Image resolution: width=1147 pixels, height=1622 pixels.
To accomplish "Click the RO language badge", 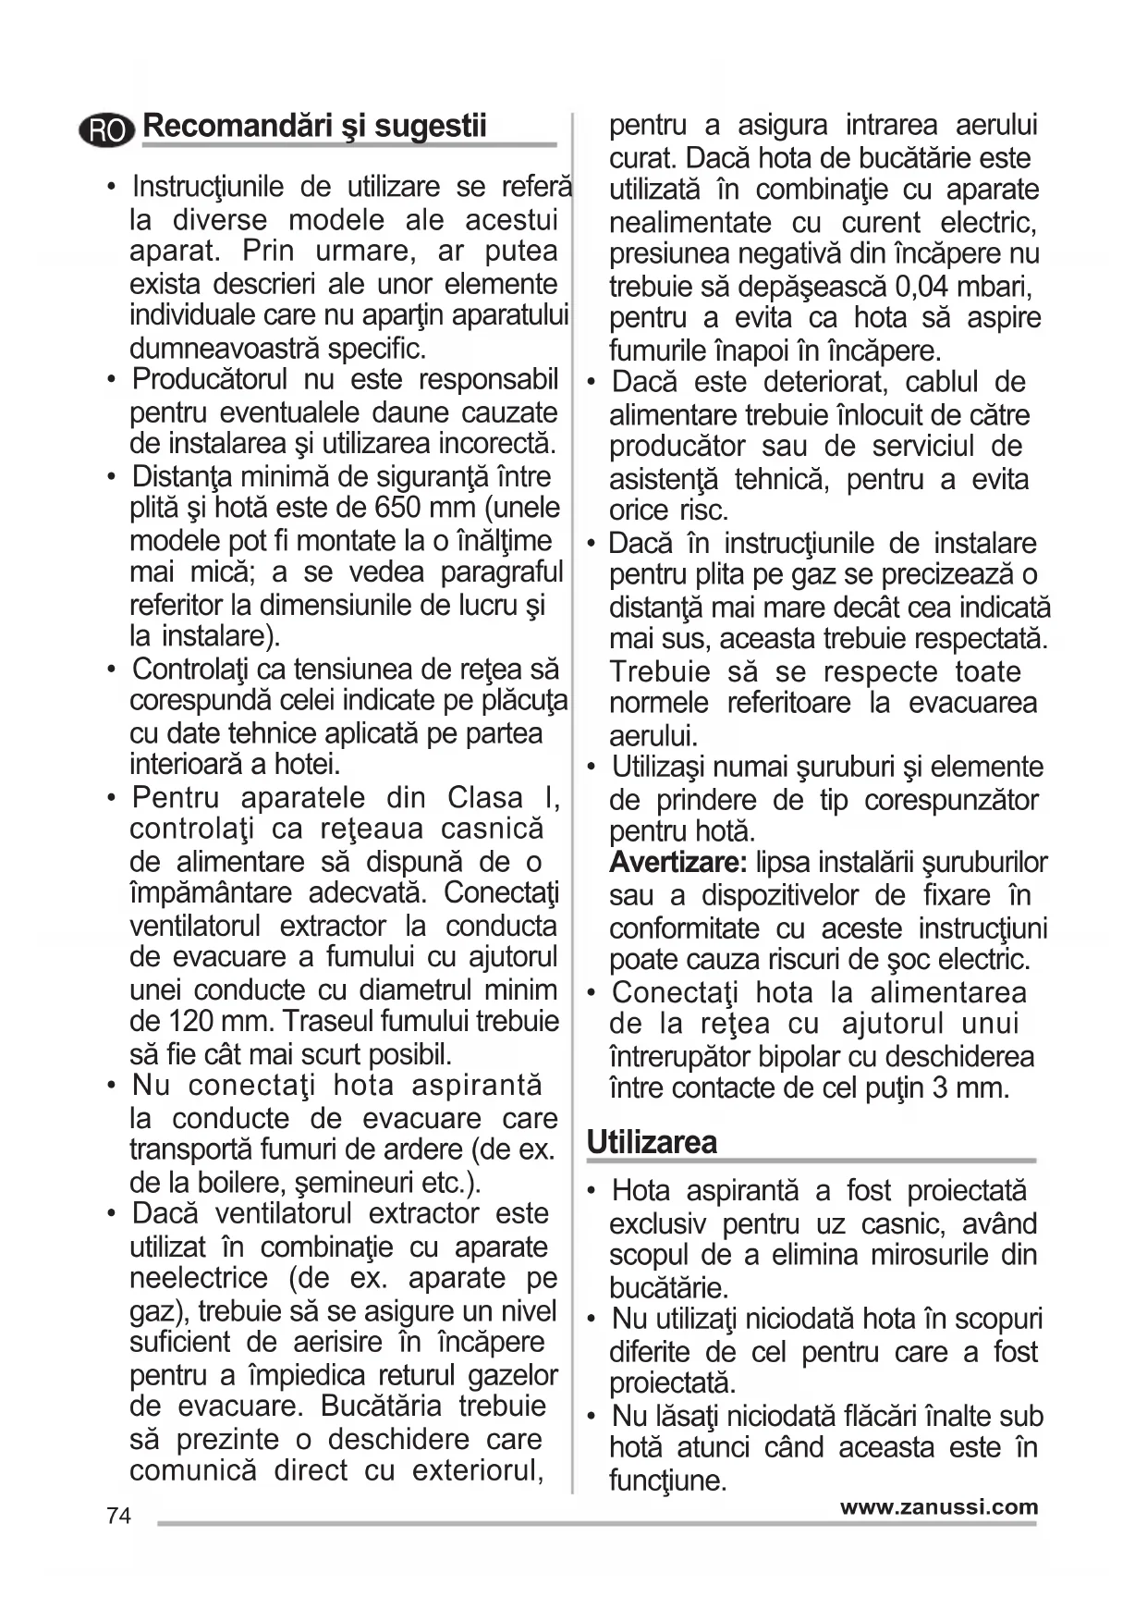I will [107, 131].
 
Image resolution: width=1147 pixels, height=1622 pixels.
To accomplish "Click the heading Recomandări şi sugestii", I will [315, 126].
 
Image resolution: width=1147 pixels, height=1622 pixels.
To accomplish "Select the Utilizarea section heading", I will [652, 1142].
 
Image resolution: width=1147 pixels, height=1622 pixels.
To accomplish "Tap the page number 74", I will [118, 1516].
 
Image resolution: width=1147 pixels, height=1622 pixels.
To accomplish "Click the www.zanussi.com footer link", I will [938, 1506].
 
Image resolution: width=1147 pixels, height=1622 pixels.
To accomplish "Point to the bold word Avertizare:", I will [677, 863].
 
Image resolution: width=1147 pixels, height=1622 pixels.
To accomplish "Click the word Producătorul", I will [211, 379].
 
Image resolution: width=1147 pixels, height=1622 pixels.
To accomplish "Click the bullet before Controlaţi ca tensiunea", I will [112, 669].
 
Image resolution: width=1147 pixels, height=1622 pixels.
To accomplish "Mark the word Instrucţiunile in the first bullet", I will [208, 187].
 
